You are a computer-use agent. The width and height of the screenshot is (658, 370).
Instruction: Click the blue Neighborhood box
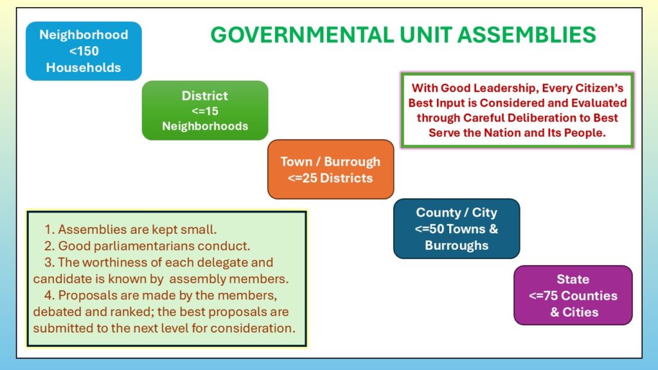pyautogui.click(x=84, y=51)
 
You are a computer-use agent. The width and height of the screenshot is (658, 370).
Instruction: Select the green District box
pyautogui.click(x=205, y=110)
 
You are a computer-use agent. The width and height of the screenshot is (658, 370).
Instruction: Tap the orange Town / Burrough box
pyautogui.click(x=331, y=170)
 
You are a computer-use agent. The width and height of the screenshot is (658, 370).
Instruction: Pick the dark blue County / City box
pyautogui.click(x=457, y=229)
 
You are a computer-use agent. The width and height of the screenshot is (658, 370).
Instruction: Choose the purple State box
pyautogui.click(x=573, y=295)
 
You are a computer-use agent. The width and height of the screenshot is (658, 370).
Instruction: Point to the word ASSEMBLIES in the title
pyautogui.click(x=527, y=35)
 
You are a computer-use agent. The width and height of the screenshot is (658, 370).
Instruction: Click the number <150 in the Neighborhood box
pyautogui.click(x=84, y=51)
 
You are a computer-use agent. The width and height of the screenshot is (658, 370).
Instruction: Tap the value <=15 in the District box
pyautogui.click(x=205, y=111)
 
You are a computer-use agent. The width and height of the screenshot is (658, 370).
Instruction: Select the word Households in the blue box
pyautogui.click(x=84, y=67)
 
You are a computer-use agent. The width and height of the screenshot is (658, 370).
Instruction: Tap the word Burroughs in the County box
pyautogui.click(x=457, y=245)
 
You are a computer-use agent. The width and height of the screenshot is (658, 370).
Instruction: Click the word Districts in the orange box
pyautogui.click(x=346, y=179)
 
